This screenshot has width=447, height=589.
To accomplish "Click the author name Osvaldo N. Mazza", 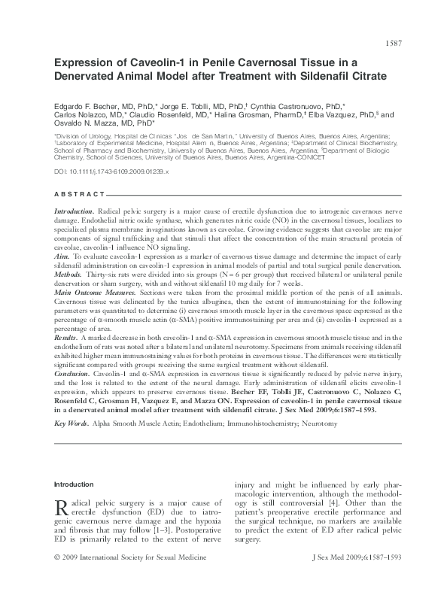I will (x=85, y=125).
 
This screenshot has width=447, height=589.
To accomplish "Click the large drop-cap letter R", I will (x=64, y=510).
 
